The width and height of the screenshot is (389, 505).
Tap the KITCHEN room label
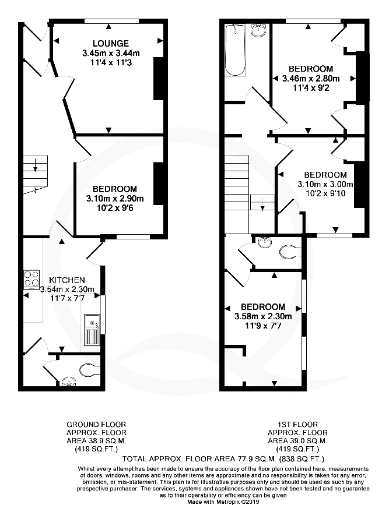[66, 280]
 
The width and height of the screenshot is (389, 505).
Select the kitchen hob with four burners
[31, 279]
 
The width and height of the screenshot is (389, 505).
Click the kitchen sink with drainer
[92, 329]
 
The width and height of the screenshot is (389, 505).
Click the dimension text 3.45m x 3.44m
[111, 54]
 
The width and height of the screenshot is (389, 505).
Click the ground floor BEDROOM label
[114, 189]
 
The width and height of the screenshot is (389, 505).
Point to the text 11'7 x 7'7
[66, 299]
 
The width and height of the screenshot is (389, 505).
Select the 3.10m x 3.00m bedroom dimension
[325, 185]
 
